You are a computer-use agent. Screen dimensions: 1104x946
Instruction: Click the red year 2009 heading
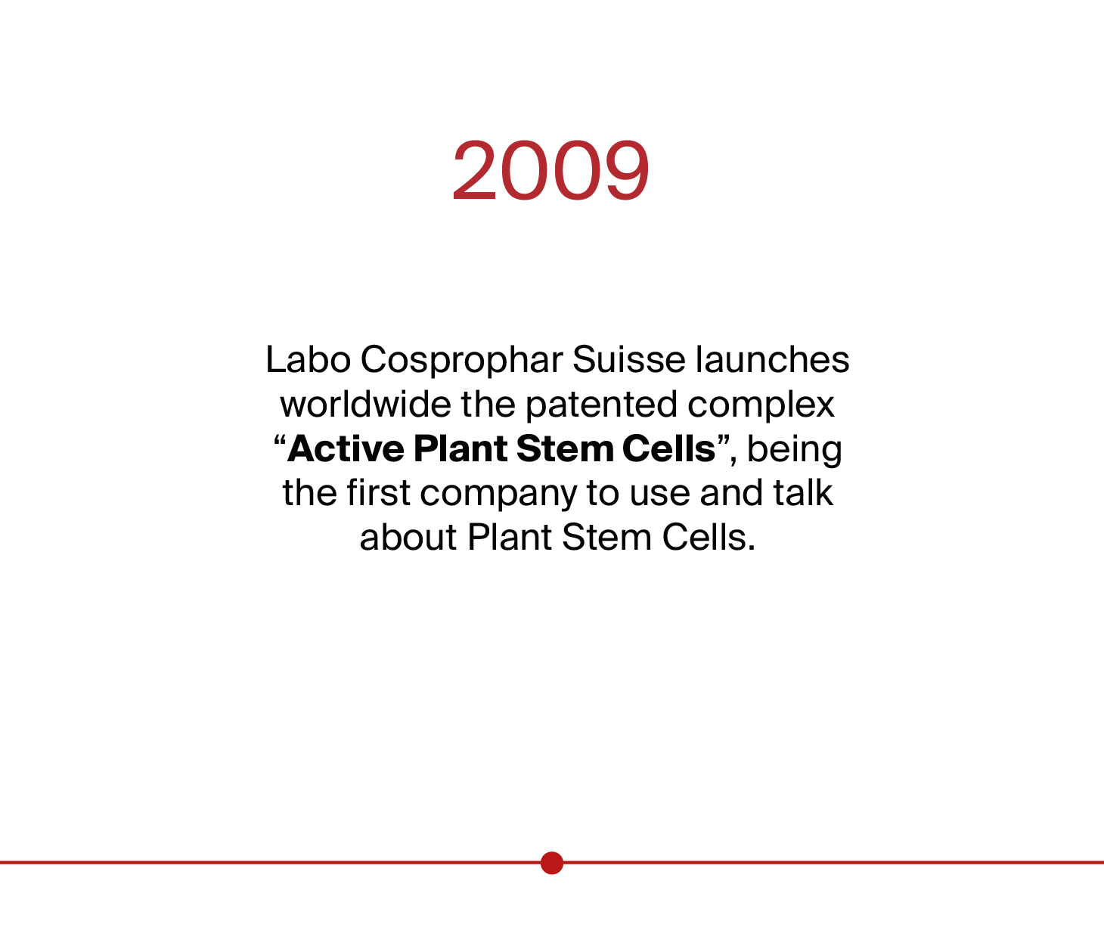tap(551, 170)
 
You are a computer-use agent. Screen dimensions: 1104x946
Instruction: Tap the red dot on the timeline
tap(552, 863)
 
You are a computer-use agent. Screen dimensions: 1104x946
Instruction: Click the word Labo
tap(309, 359)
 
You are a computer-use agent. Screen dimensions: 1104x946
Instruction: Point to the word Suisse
tap(628, 359)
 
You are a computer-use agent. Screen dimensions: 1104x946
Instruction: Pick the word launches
tap(772, 359)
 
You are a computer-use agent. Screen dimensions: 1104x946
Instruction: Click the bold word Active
tap(346, 448)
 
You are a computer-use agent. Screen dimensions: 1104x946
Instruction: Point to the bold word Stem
tap(565, 448)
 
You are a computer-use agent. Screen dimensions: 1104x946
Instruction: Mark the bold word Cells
tap(668, 448)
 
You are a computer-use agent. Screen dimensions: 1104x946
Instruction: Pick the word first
tap(378, 492)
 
